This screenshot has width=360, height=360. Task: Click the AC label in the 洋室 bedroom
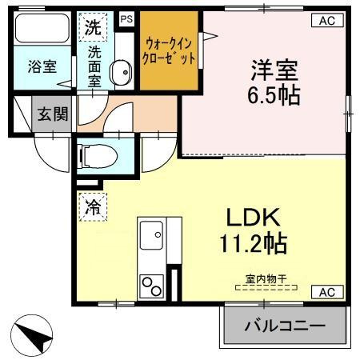[x=326, y=21]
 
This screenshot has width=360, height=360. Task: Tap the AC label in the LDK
[x=326, y=291]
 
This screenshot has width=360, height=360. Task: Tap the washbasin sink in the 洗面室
[x=121, y=73]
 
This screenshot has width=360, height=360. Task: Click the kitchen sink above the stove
[x=151, y=239]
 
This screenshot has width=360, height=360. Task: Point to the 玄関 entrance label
[x=53, y=113]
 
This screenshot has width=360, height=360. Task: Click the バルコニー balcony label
[x=285, y=326]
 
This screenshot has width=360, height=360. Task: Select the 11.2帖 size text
[x=255, y=241]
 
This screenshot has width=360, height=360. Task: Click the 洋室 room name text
[x=273, y=70]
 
